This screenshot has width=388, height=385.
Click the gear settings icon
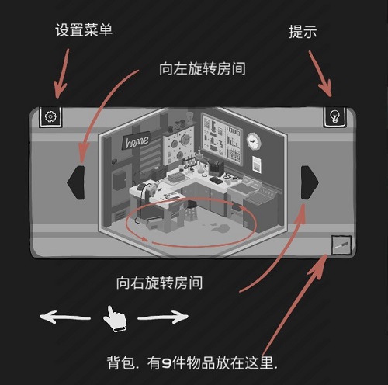pyautogui.click(x=50, y=117)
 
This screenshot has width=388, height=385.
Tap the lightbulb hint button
pyautogui.click(x=334, y=116)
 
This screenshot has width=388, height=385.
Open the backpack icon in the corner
pyautogui.click(x=340, y=245)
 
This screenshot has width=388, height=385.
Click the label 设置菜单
pyautogui.click(x=85, y=31)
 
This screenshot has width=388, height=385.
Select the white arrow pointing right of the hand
pyautogui.click(x=162, y=317)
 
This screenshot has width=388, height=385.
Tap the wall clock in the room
pyautogui.click(x=254, y=141)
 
